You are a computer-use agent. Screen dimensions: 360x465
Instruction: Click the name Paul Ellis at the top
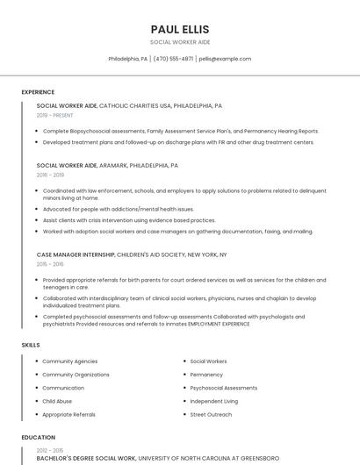(x=180, y=29)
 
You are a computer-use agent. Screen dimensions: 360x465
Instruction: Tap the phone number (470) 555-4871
(x=174, y=59)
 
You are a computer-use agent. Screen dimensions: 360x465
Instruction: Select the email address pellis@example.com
(x=225, y=59)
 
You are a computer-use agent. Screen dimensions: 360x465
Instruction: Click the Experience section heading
(x=38, y=92)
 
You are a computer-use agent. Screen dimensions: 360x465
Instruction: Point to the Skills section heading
(x=31, y=345)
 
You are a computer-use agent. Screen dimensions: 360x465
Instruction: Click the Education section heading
(x=39, y=437)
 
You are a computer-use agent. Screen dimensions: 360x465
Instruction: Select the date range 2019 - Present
(x=55, y=115)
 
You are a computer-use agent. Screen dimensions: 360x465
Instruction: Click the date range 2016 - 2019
(x=50, y=175)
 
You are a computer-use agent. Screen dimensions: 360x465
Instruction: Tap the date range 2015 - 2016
(x=50, y=264)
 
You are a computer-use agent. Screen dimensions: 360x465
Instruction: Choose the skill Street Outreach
(x=211, y=414)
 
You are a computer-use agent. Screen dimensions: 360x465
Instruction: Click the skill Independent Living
(x=213, y=401)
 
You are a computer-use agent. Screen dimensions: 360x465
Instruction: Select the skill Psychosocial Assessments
(x=223, y=388)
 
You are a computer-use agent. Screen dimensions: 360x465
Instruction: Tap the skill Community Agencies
(x=70, y=361)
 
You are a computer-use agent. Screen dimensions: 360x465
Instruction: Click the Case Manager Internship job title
(x=76, y=254)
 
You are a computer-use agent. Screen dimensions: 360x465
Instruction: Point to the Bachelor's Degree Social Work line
(x=86, y=458)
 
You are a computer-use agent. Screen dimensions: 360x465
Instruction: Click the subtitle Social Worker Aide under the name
(x=180, y=42)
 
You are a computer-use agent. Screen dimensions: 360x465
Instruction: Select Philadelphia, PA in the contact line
(x=127, y=59)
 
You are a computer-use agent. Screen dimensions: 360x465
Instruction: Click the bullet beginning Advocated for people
(x=119, y=210)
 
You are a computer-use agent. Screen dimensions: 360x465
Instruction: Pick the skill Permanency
(x=206, y=375)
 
